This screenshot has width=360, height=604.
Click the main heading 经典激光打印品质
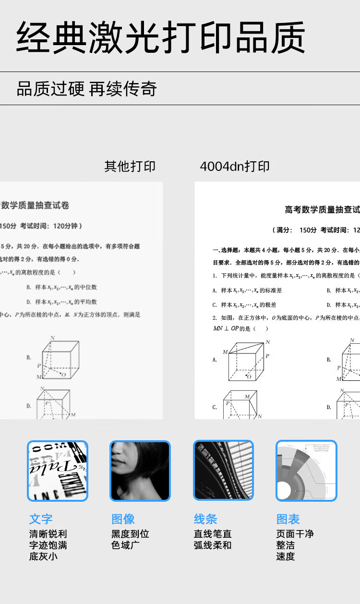click(161, 37)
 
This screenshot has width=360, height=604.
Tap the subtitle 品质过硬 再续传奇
click(87, 89)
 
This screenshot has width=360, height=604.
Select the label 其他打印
click(130, 167)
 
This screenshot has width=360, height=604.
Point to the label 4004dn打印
click(235, 167)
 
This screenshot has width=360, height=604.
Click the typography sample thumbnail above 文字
click(58, 471)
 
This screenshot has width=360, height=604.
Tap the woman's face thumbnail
click(140, 471)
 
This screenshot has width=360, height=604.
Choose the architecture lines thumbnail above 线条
click(223, 471)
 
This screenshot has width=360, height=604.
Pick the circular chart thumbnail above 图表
click(306, 471)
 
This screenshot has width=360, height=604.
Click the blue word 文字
click(41, 519)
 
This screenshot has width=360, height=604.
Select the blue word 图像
click(123, 519)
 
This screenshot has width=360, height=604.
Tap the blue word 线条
click(205, 519)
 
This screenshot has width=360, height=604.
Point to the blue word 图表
click(288, 519)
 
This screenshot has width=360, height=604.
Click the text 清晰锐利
click(48, 534)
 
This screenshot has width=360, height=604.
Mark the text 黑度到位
click(130, 534)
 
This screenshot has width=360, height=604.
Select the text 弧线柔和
click(213, 545)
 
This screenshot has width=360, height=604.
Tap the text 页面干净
click(295, 534)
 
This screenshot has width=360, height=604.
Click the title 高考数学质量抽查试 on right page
click(322, 210)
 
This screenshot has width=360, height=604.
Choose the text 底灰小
click(43, 557)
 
